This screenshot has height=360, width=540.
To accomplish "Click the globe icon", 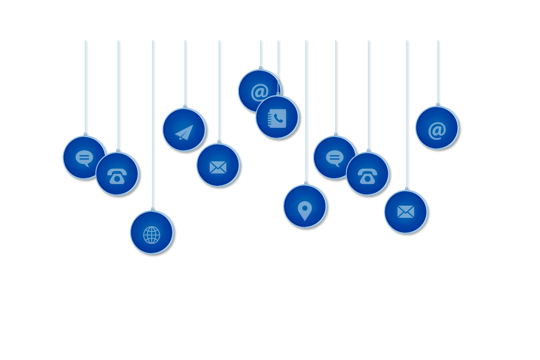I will (x=152, y=234).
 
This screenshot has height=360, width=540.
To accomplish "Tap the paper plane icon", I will (x=184, y=132).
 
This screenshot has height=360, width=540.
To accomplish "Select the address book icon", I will (x=277, y=118).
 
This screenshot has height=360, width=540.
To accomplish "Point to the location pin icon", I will (x=305, y=210).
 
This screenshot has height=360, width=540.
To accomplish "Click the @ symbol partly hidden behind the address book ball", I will (x=259, y=92).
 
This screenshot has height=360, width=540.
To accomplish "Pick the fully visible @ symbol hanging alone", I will (x=436, y=130).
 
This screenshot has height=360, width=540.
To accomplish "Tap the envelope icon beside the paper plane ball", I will (x=218, y=167).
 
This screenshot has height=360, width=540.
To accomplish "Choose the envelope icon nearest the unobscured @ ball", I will (x=405, y=211).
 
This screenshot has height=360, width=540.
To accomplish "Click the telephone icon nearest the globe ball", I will (x=117, y=175).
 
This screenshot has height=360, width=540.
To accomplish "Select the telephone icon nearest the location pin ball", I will (x=367, y=175).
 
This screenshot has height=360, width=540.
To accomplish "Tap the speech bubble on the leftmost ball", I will (x=84, y=158).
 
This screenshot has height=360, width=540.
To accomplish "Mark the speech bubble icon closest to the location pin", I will (x=334, y=158).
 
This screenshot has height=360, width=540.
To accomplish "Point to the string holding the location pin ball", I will (x=306, y=112).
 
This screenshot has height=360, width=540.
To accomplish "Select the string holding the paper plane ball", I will (x=185, y=72).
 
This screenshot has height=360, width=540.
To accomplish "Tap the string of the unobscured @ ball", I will (x=438, y=72).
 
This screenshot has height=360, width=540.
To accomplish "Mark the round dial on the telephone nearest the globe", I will (x=117, y=178).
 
